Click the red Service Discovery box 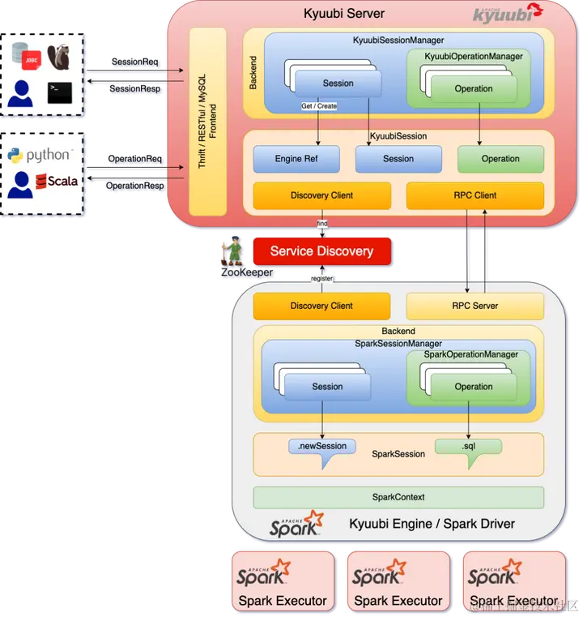click(321, 251)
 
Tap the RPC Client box click(474, 195)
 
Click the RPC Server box click(474, 306)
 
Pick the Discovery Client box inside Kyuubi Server click(321, 195)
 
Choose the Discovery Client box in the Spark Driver click(321, 306)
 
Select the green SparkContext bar click(398, 497)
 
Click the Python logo click(15, 156)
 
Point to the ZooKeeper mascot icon click(233, 251)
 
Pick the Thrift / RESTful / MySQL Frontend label click(207, 122)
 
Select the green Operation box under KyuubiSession click(500, 159)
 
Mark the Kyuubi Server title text click(344, 13)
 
